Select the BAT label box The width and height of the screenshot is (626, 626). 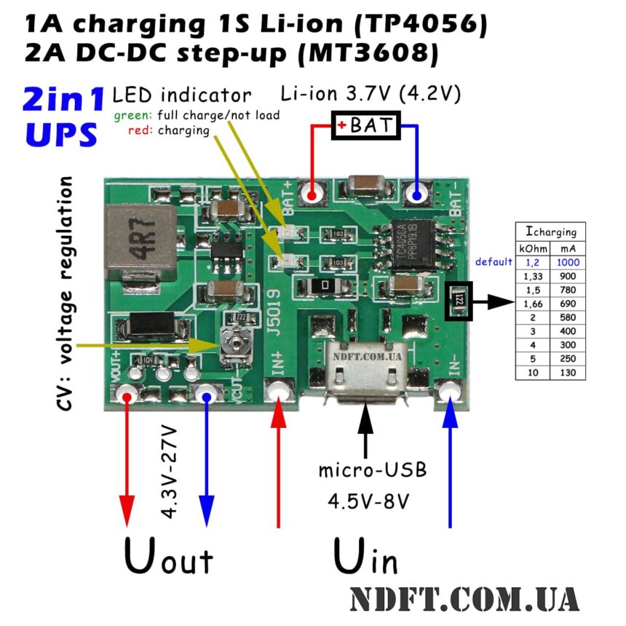(x=366, y=125)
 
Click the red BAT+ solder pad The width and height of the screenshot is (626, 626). (x=313, y=195)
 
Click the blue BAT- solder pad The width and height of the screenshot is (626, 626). (x=417, y=195)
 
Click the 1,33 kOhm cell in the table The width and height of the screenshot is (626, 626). (x=531, y=276)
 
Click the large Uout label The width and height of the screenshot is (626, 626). (x=168, y=558)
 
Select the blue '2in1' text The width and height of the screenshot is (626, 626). (x=64, y=100)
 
